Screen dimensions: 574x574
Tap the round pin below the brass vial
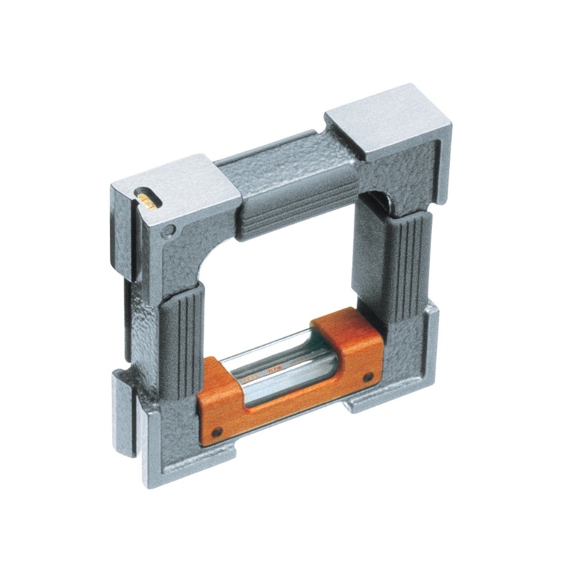click(x=167, y=232)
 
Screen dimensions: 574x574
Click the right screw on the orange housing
click(x=367, y=377)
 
